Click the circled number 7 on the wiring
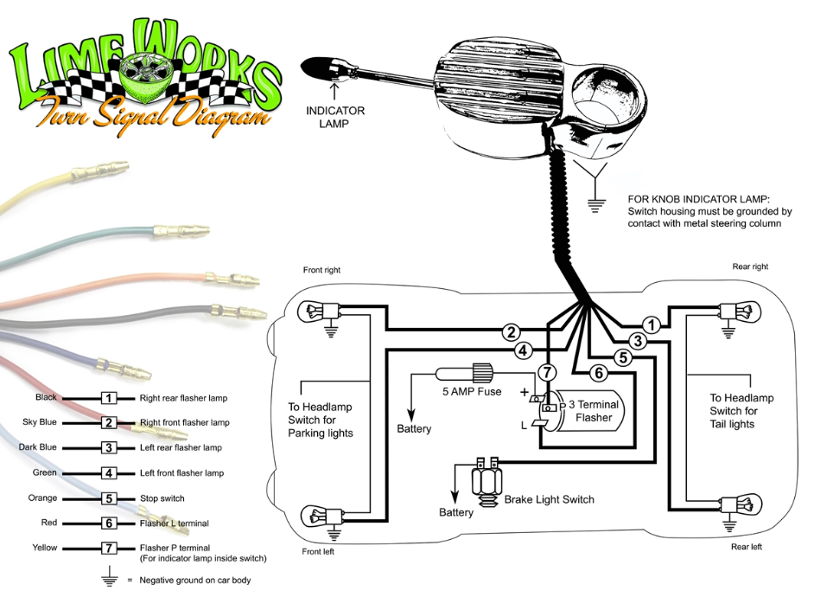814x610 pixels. (547, 373)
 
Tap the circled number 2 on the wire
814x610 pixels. (512, 332)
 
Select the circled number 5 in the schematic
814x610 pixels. (623, 358)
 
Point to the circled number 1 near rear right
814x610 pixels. (651, 325)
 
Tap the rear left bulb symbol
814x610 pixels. (741, 504)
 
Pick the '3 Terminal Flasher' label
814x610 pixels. (594, 411)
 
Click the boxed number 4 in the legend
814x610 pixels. (109, 473)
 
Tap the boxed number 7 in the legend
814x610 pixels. (109, 549)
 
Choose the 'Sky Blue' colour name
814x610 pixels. (40, 422)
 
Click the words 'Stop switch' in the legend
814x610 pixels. (162, 498)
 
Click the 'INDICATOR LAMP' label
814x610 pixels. (334, 117)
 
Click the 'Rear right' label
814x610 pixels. (750, 266)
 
